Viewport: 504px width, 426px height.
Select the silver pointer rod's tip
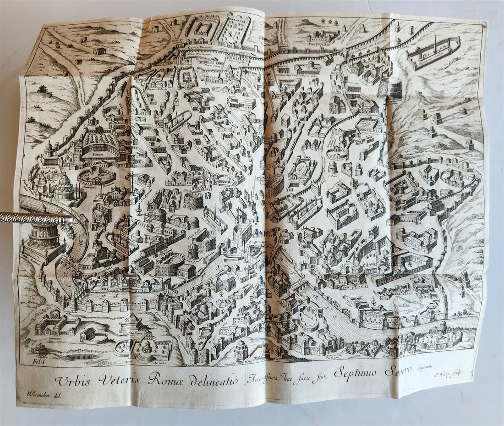(x=72, y=220)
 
